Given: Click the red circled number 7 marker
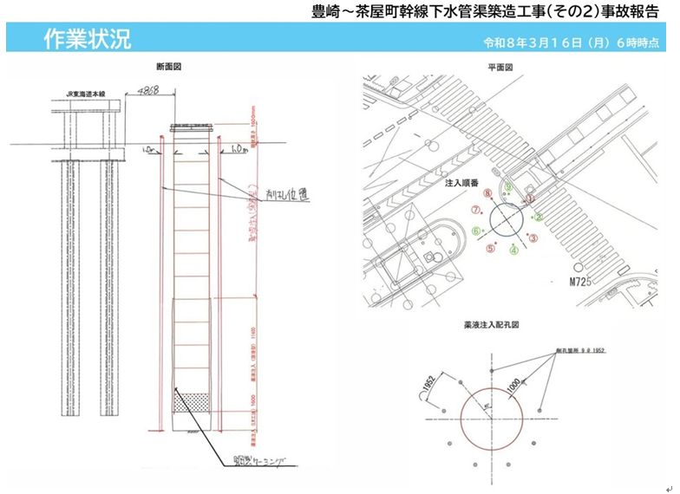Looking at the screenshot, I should [476, 211].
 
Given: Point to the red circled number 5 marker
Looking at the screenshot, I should [491, 249].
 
